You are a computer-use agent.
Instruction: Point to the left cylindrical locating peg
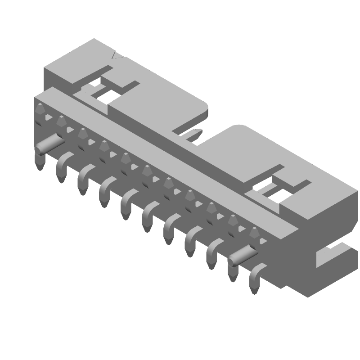[x=49, y=144]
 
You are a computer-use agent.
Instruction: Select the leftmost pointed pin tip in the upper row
[x=40, y=109]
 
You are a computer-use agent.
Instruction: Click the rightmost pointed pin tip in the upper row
[x=255, y=233]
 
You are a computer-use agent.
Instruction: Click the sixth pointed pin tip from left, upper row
[x=147, y=170]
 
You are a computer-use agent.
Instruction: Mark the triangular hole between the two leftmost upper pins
[x=48, y=118]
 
